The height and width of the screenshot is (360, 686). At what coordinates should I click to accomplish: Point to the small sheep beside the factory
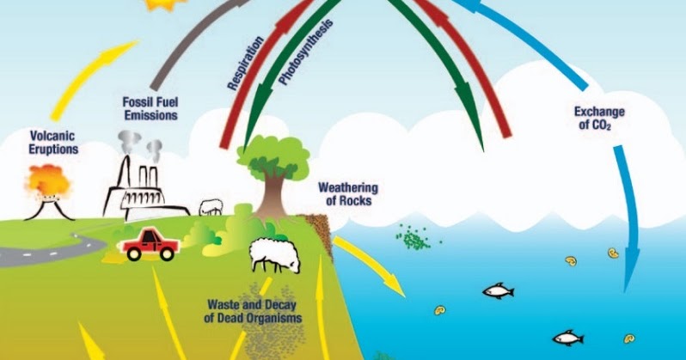pos(211,207)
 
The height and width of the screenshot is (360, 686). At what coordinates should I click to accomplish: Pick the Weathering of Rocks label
pos(348,194)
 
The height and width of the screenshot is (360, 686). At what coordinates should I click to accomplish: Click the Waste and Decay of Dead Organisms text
pos(254,311)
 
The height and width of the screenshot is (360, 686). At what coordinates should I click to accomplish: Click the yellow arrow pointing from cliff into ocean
pos(370,265)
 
